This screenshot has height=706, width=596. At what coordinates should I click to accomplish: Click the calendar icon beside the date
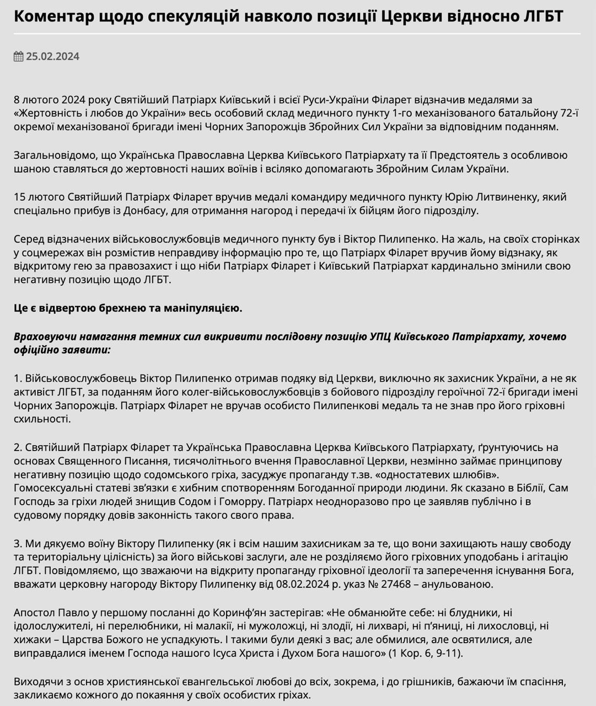click(x=19, y=56)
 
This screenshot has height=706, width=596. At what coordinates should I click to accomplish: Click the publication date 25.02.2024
click(x=53, y=56)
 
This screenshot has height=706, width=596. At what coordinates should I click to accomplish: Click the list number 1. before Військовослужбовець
click(x=18, y=378)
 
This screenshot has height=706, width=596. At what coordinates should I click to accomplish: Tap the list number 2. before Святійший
click(x=18, y=447)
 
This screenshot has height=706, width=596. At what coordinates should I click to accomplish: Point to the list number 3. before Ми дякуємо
click(x=18, y=544)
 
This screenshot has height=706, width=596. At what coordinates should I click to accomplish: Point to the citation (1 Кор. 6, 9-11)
click(x=426, y=654)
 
